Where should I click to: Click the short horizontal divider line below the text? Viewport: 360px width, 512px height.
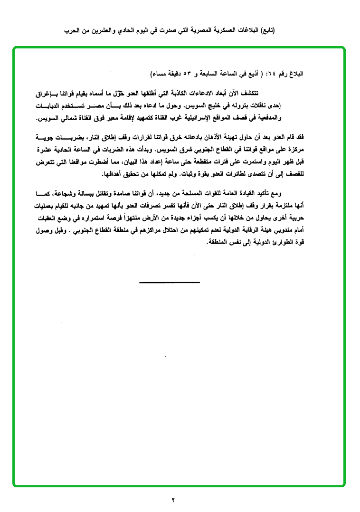170,283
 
